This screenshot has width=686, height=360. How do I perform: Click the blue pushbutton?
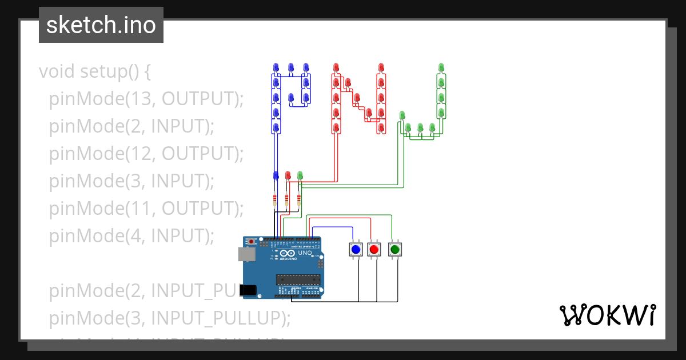tap(356, 249)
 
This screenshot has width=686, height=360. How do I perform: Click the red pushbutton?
tap(374, 249)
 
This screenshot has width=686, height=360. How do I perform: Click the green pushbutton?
tap(394, 249)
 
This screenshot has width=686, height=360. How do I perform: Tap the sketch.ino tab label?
tap(101, 25)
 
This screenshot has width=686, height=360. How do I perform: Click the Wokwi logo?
tap(607, 315)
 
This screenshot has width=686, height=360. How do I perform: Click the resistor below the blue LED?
tap(275, 199)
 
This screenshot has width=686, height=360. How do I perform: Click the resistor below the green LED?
tap(299, 199)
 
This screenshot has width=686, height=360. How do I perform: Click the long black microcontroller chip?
tap(297, 279)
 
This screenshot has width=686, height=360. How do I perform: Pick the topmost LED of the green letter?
tap(441, 67)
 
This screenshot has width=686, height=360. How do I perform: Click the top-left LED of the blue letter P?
tap(276, 68)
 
